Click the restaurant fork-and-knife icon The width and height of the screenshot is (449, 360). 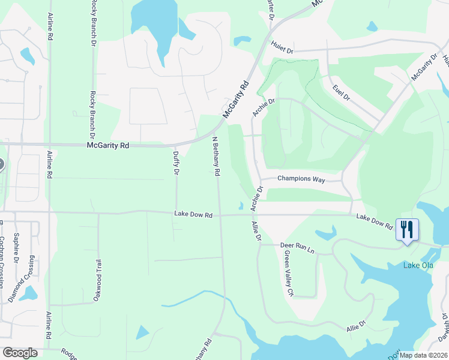coord(407,229)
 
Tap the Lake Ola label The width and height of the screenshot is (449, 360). coord(417,266)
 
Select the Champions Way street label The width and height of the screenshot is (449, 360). coord(301,179)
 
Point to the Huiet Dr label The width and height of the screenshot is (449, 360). coord(281,47)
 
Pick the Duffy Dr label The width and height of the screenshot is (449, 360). coord(176,163)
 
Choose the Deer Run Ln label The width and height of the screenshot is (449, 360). coord(298,245)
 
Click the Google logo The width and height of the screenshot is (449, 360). coord(20,353)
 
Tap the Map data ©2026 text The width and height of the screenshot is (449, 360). coord(423,355)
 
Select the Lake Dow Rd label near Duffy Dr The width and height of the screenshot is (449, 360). coord(193,214)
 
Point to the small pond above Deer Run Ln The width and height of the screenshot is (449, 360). coord(325,232)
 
